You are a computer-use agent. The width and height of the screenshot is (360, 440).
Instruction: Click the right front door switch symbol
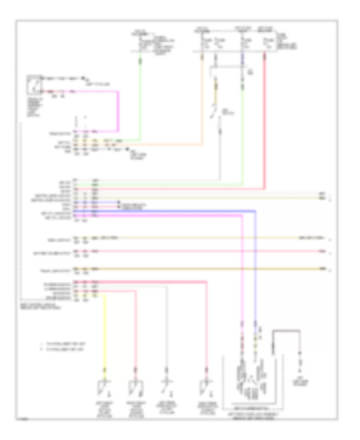coord(135,388)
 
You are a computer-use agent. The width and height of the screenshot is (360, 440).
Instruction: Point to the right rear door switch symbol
coord(206,388)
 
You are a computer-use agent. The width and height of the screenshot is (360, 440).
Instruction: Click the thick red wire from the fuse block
coord(264,120)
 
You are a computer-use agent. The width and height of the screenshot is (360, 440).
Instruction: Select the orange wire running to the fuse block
coord(202,104)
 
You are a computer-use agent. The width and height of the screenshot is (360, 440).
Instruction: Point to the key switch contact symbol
coord(215,110)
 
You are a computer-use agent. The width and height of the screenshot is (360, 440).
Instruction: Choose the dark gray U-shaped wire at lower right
coord(286,331)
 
